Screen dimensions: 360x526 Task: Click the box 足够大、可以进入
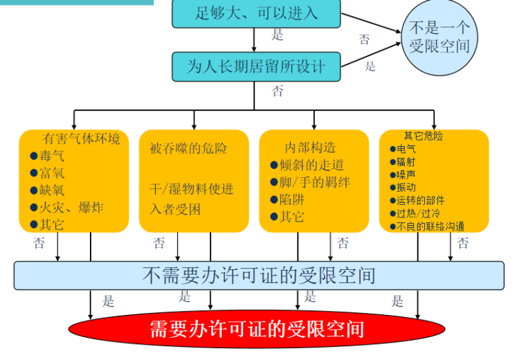click(256, 12)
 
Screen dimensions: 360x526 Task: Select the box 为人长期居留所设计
click(256, 66)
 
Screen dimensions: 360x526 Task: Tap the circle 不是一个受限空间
click(439, 37)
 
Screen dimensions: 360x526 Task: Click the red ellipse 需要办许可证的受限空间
click(257, 328)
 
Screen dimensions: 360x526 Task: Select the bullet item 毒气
click(52, 156)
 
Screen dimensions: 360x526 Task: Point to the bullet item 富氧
click(52, 174)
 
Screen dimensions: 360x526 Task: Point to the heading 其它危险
click(424, 136)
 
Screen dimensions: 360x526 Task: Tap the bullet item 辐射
click(406, 161)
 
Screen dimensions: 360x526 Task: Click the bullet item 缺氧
click(52, 190)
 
